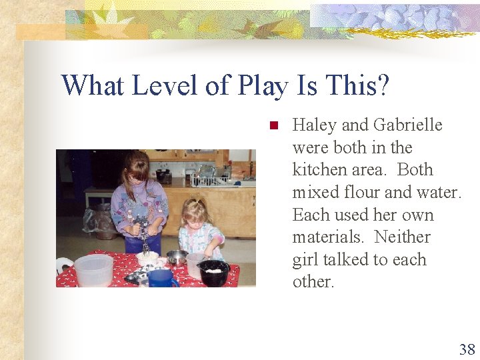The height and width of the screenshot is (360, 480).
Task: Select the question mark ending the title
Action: tap(383, 86)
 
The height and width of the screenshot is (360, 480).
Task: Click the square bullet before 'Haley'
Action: tap(272, 125)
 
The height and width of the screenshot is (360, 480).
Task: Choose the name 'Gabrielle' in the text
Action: tap(407, 125)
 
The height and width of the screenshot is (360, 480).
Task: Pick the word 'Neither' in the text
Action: tap(403, 237)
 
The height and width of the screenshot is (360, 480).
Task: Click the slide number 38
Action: tap(466, 349)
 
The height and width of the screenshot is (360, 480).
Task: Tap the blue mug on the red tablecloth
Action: tap(161, 278)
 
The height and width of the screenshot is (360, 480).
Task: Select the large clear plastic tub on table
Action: tap(93, 270)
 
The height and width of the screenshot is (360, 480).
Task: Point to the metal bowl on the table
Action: tap(177, 257)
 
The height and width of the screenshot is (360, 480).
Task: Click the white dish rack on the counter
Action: tap(208, 179)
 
